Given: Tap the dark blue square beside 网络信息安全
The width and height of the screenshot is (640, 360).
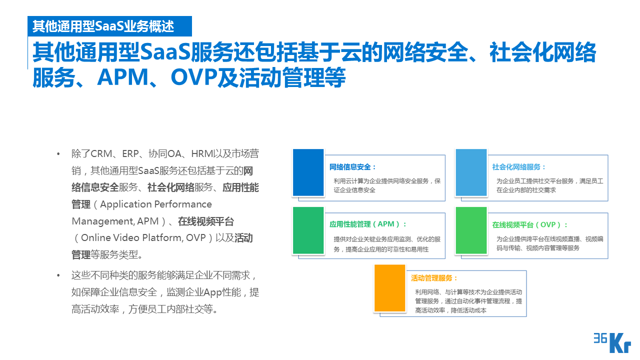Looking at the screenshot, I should click(x=308, y=172).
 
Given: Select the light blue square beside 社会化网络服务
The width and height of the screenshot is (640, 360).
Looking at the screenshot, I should click(x=470, y=172).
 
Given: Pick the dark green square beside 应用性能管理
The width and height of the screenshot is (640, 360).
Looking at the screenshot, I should click(x=308, y=230).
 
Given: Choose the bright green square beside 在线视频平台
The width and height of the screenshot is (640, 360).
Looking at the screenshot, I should click(x=470, y=230).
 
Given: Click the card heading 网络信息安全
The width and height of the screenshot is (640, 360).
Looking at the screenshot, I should click(x=352, y=167).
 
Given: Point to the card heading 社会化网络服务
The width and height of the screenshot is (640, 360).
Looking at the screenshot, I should click(x=518, y=167).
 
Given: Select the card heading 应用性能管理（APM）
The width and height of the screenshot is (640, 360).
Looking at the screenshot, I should click(x=368, y=224).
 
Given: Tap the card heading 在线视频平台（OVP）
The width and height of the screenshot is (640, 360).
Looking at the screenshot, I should click(x=529, y=225).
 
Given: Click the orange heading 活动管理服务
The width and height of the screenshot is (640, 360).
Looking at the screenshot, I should click(x=434, y=278).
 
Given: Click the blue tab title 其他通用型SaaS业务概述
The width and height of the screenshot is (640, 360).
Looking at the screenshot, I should click(x=103, y=26).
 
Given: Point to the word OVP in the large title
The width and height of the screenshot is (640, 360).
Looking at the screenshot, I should click(x=192, y=77).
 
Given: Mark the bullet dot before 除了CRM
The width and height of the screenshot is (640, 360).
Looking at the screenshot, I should click(x=58, y=153).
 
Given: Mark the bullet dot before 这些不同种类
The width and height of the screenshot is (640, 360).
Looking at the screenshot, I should click(x=58, y=275).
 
